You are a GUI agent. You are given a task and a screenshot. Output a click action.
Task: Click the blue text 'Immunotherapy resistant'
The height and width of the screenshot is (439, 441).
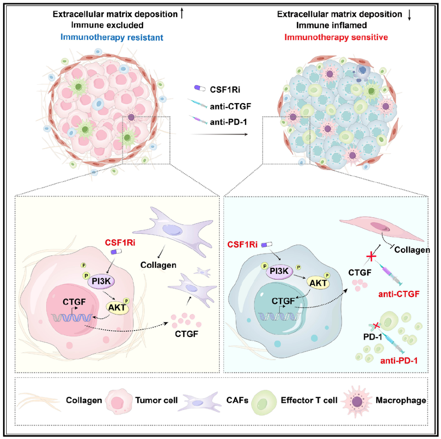(112, 37)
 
